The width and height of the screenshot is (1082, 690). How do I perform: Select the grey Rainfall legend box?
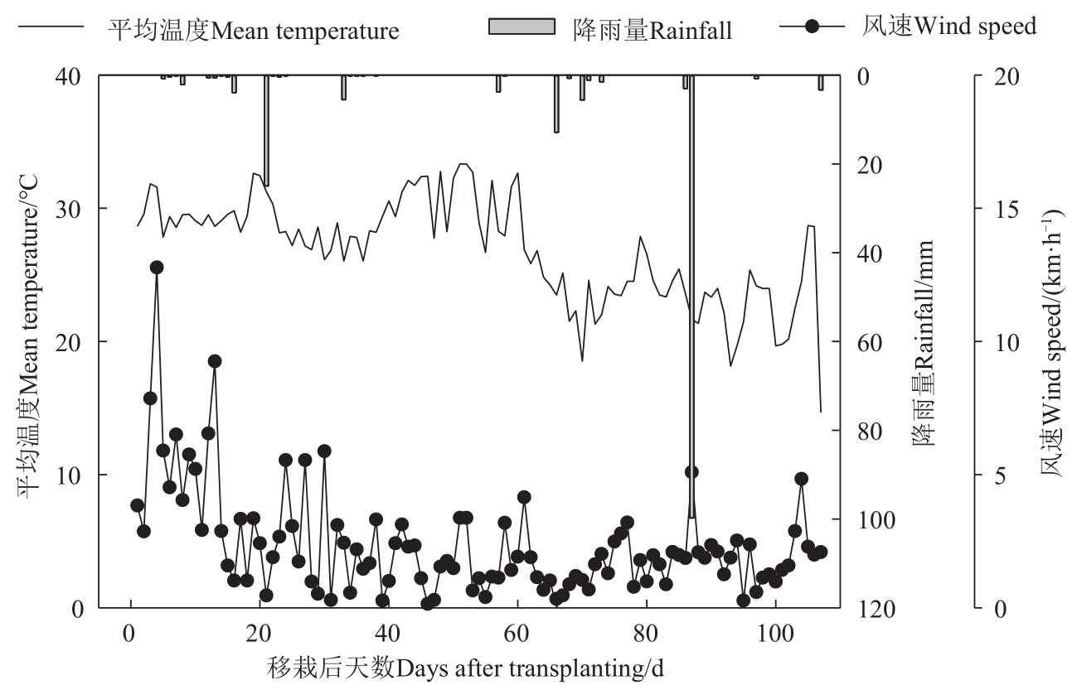(522, 27)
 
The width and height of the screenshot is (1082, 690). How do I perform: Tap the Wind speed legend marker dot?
(812, 27)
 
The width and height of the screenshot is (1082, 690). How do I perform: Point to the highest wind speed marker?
(157, 268)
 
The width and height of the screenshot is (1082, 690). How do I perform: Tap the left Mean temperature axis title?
(30, 341)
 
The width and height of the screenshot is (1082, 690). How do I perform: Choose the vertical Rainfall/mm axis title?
(924, 341)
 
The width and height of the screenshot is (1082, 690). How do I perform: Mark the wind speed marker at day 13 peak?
(215, 361)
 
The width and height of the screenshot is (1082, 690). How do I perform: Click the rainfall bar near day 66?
(556, 104)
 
